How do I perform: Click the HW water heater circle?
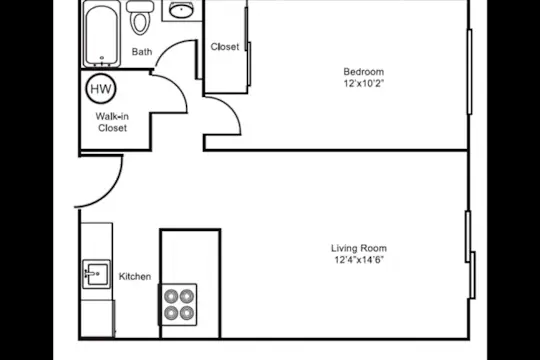pos(101,89)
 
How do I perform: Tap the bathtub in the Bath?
pos(102,35)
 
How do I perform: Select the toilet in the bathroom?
pos(140,17)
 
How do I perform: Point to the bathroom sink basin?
pos(181,11)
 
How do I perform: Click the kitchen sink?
pos(96,274)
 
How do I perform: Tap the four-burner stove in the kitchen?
pos(178,305)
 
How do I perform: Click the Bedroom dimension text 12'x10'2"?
pos(363,83)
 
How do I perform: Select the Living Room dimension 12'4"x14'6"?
pos(359,260)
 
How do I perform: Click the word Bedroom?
pos(364,72)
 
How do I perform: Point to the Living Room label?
pos(359,248)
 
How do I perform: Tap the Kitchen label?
pos(135,276)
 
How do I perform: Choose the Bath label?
pos(142,52)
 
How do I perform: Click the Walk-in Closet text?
pos(112,122)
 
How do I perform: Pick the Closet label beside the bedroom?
pos(225,47)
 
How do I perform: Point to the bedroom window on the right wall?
pos(469,72)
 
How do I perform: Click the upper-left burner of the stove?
pos(171,296)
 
